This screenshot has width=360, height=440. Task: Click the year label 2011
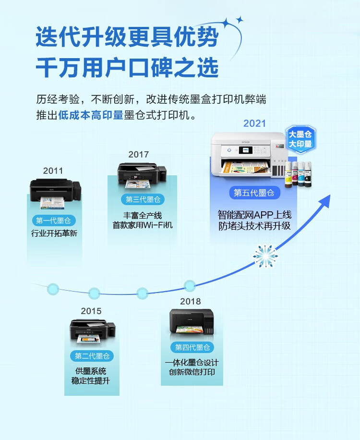53,171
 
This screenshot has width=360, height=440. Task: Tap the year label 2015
91,311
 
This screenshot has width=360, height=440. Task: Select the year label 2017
139,154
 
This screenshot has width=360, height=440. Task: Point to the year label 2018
191,301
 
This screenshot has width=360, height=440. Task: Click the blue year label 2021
254,123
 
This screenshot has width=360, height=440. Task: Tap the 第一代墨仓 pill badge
53,220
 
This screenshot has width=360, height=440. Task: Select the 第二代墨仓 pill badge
92,356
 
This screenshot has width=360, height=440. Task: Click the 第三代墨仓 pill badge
143,199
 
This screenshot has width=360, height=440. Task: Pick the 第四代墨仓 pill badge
192,347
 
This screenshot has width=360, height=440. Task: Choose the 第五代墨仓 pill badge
254,193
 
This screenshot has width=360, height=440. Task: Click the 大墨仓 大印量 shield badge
300,139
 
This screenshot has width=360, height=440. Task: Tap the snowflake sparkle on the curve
265,256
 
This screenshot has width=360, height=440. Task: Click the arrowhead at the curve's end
325,201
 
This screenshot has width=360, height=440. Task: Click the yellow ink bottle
288,174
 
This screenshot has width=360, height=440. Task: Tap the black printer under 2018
192,322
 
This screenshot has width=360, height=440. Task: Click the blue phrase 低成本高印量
91,115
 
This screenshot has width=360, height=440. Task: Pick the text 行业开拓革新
54,233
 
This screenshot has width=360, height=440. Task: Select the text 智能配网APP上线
254,215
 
